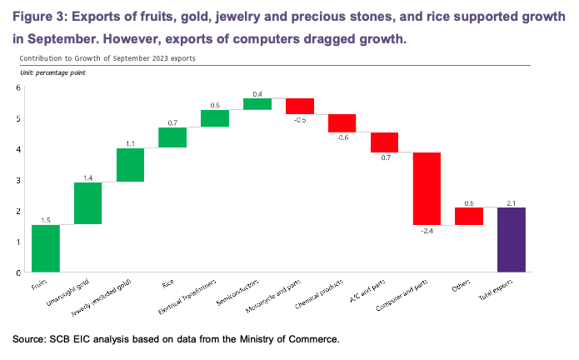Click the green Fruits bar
pos(46,248)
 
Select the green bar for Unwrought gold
pos(88,203)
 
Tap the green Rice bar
pos(172,137)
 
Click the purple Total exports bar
pos(511,239)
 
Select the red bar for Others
pos(469,217)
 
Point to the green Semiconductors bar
pos(257,104)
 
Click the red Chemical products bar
pos(342,122)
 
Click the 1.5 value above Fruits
pos(46,219)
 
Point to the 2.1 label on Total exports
pos(511,202)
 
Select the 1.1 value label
pos(131,142)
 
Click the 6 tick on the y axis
pos(18,88)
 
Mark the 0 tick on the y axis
pos(18,272)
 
